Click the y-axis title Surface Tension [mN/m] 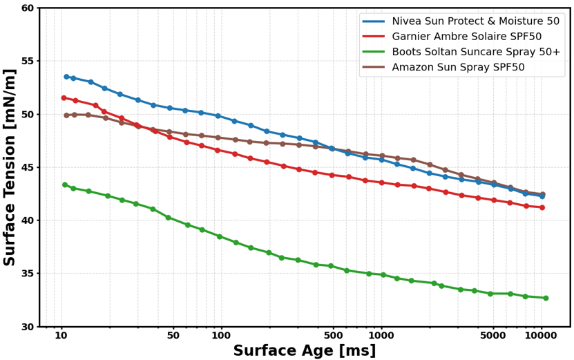(x=10, y=167)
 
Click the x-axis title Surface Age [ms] (x=304, y=350)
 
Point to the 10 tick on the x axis (x=61, y=336)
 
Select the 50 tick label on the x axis (x=173, y=336)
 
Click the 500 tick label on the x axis (x=334, y=336)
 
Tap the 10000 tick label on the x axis (x=541, y=336)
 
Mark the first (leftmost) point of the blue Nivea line (x=66, y=77)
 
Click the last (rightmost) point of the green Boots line (x=546, y=298)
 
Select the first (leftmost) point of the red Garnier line (x=64, y=97)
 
